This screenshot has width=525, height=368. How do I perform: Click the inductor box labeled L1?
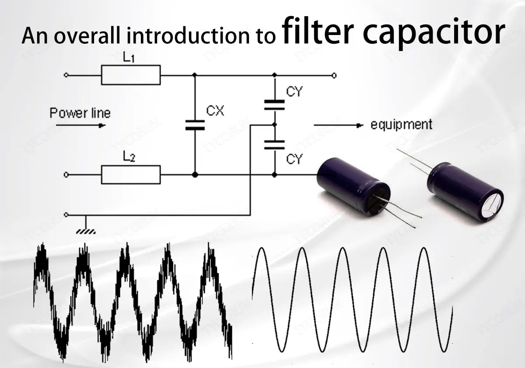coord(131,75)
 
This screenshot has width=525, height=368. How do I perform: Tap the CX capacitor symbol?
coord(195,126)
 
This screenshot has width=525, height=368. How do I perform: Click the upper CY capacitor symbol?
coord(274,105)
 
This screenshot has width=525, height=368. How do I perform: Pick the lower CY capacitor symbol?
coord(274,145)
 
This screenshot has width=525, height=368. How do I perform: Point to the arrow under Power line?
coord(81,126)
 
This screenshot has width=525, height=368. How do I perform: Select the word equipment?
coord(401,124)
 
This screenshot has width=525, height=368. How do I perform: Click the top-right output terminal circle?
coord(334,75)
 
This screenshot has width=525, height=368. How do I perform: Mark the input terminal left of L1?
coord(66,75)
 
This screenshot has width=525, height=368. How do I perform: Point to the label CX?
coord(215,111)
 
